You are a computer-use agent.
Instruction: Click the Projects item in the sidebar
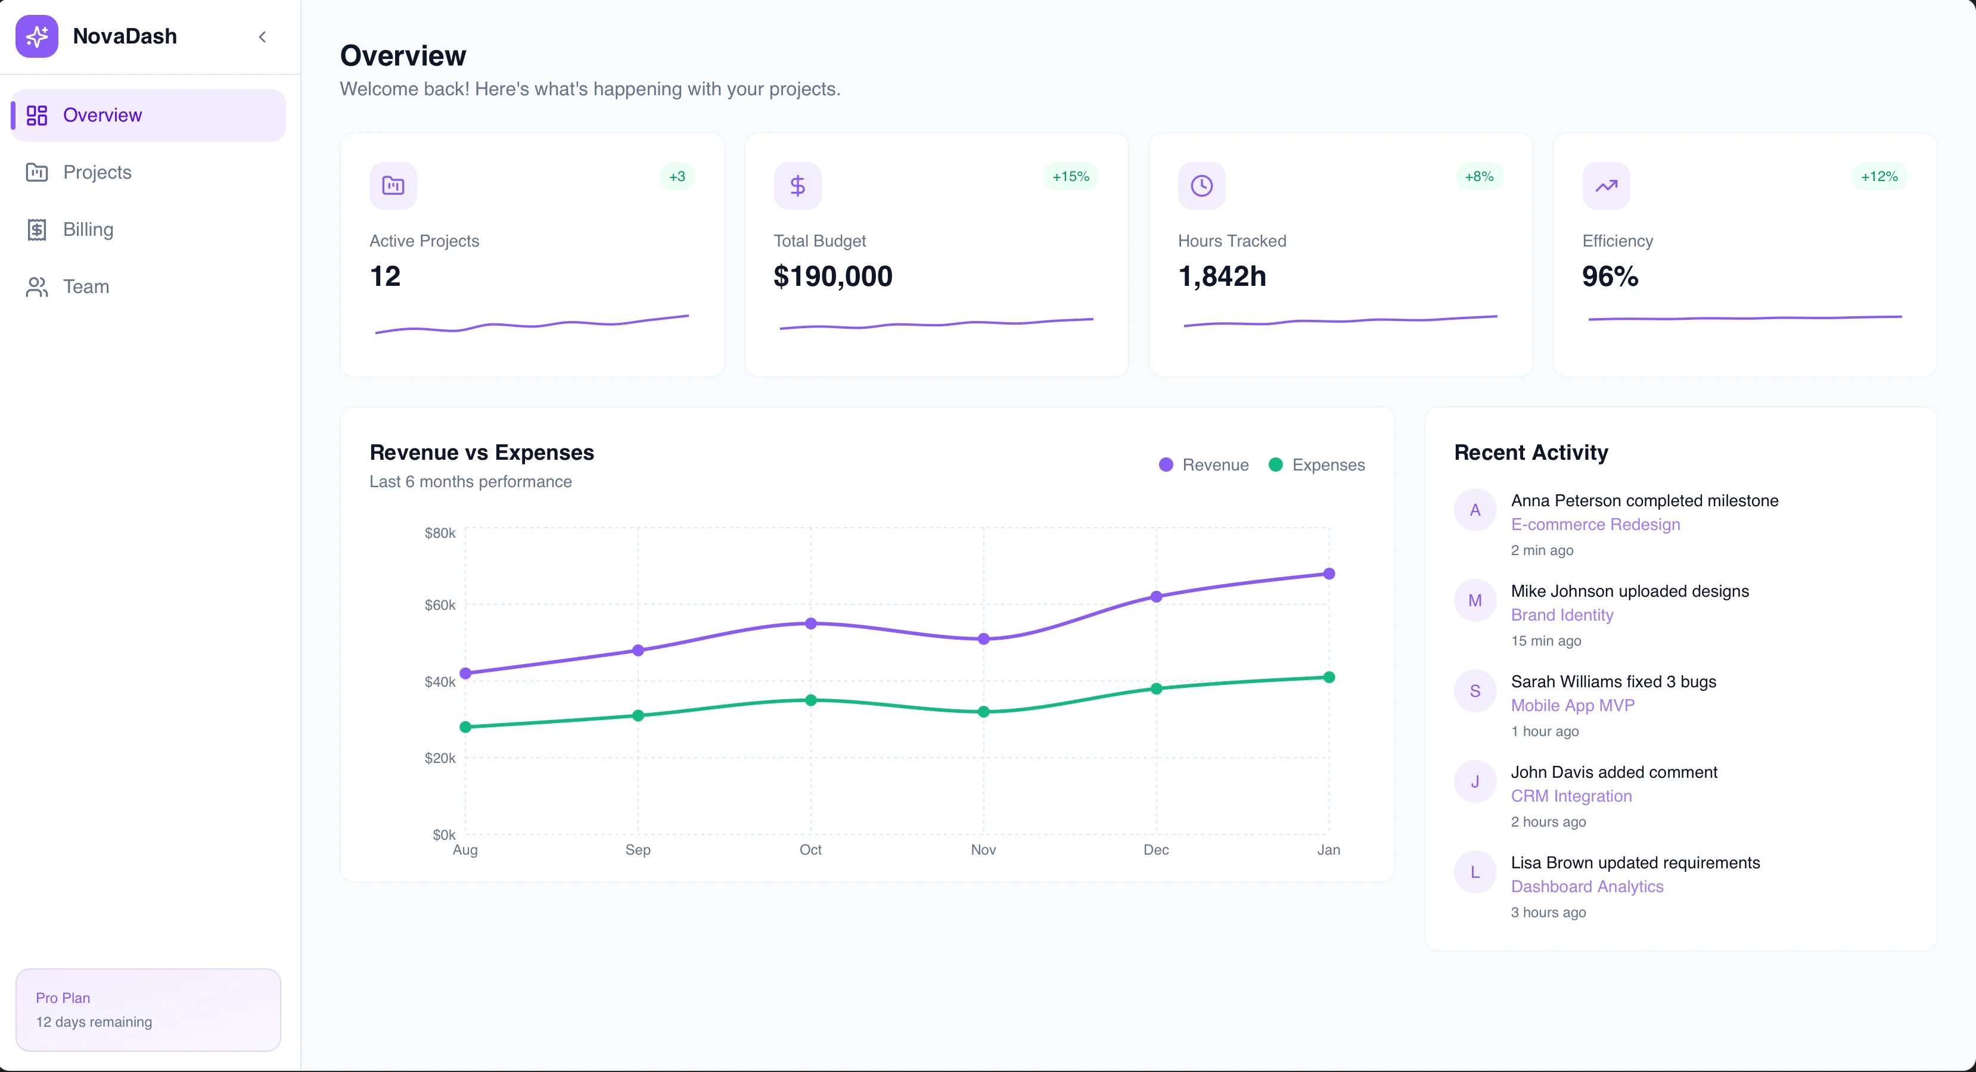pyautogui.click(x=97, y=173)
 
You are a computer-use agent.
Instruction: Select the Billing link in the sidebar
pyautogui.click(x=88, y=229)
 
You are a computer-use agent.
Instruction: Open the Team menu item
pyautogui.click(x=85, y=287)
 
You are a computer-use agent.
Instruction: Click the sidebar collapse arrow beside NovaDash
pyautogui.click(x=262, y=37)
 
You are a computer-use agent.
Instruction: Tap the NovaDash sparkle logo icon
pyautogui.click(x=37, y=36)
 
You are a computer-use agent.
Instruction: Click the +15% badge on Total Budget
pyautogui.click(x=1071, y=176)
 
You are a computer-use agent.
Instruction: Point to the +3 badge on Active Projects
pyautogui.click(x=676, y=176)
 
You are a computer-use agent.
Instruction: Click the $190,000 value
pyautogui.click(x=833, y=276)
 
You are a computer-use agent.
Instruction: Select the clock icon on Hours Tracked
pyautogui.click(x=1201, y=186)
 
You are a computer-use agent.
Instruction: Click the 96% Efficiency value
pyautogui.click(x=1610, y=276)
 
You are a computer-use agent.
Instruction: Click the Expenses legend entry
pyautogui.click(x=1317, y=465)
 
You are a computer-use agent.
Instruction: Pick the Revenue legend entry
pyautogui.click(x=1204, y=465)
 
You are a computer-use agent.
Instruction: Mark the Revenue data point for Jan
pyautogui.click(x=1329, y=574)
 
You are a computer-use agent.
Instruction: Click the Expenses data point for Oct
pyautogui.click(x=811, y=700)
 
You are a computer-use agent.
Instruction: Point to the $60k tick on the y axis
pyautogui.click(x=440, y=605)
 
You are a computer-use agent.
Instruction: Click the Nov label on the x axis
pyautogui.click(x=983, y=850)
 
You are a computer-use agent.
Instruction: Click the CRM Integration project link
pyautogui.click(x=1571, y=796)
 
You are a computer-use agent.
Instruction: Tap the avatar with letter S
pyautogui.click(x=1474, y=691)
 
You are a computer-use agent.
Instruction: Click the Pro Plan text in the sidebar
pyautogui.click(x=63, y=998)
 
